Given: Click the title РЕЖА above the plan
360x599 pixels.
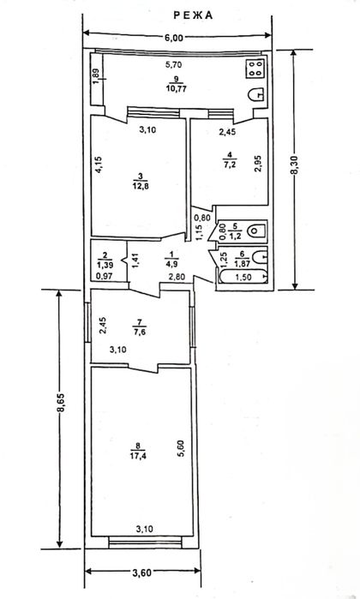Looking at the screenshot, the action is (x=193, y=15).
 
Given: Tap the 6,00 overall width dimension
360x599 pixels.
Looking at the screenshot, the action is (x=174, y=38).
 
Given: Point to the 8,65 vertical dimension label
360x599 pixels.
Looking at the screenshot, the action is (x=60, y=402).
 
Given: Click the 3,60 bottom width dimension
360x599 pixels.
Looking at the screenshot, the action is (x=142, y=572).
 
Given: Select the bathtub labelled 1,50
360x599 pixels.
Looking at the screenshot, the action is (x=243, y=277).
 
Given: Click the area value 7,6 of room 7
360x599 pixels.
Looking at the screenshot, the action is (x=140, y=332).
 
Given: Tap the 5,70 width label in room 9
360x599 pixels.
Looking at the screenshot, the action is (x=173, y=64).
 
